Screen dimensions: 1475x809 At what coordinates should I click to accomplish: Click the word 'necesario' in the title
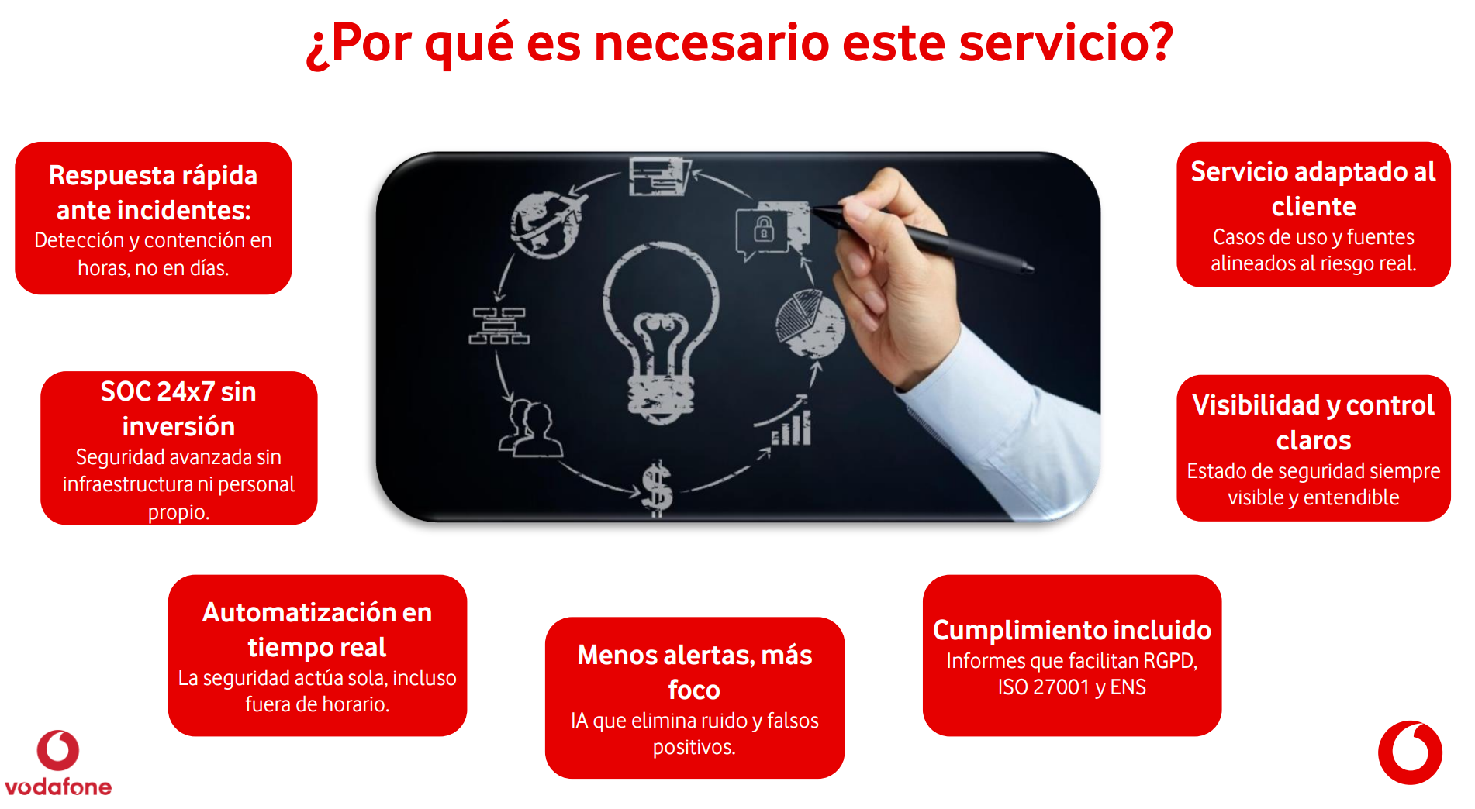(x=711, y=43)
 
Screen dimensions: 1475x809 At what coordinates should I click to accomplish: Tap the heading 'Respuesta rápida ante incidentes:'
(x=153, y=192)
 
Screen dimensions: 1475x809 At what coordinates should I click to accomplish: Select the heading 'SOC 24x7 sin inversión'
(x=178, y=408)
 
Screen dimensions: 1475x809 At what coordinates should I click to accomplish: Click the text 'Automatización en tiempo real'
(x=317, y=629)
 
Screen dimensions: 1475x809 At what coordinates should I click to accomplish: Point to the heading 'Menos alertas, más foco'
(x=694, y=672)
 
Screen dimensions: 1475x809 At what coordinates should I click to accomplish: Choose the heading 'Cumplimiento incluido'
(x=1072, y=630)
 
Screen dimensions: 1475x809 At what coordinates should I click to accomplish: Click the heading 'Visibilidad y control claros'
(x=1313, y=422)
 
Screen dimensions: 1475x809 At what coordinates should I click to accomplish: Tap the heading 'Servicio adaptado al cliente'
(x=1313, y=188)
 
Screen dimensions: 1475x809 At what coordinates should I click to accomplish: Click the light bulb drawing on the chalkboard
(x=661, y=333)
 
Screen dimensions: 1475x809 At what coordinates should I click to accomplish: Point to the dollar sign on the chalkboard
(x=657, y=488)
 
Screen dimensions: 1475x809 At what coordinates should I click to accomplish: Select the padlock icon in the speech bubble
(x=764, y=229)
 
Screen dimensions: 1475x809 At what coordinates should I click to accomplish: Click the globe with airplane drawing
(x=547, y=223)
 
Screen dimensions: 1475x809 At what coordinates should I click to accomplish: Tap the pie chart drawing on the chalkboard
(x=810, y=322)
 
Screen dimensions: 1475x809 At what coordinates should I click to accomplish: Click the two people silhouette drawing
(x=530, y=429)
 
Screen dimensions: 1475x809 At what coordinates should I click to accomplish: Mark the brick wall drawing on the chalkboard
(x=499, y=325)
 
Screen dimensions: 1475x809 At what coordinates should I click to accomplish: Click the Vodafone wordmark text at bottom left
(x=58, y=787)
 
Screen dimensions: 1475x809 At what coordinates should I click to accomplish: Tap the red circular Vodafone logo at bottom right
(x=1410, y=752)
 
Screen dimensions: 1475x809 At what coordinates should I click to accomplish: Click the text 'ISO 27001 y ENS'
(x=1072, y=687)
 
